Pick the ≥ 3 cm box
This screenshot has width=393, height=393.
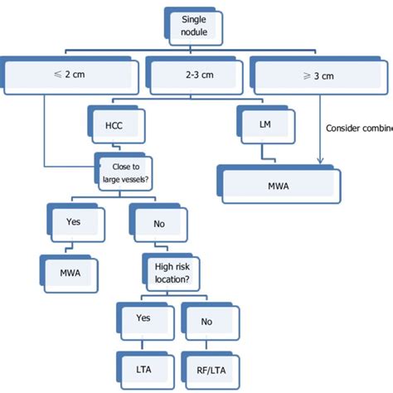(318, 77)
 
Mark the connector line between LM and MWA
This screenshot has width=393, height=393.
(264, 149)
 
